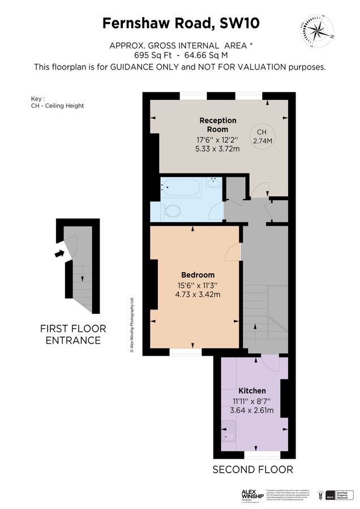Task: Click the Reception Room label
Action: pos(218,125)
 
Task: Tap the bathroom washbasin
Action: pos(213,182)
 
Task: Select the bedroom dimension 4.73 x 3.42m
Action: pos(198,294)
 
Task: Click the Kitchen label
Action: pos(252,391)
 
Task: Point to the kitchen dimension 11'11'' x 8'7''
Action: pos(252,400)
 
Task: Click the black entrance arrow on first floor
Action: pos(59,254)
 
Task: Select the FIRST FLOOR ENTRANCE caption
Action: pos(73,334)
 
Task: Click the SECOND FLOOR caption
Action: pos(252,469)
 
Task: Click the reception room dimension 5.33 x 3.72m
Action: pos(218,149)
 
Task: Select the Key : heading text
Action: pos(38,97)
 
